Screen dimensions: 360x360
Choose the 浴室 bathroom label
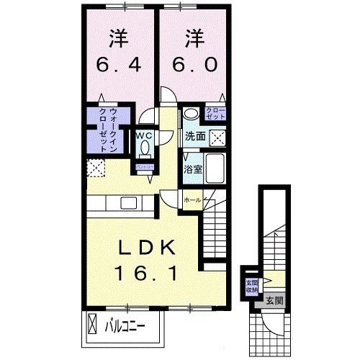[192, 170]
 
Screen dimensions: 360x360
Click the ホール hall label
[192, 199]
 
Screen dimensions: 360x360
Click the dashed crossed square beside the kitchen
[95, 168]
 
